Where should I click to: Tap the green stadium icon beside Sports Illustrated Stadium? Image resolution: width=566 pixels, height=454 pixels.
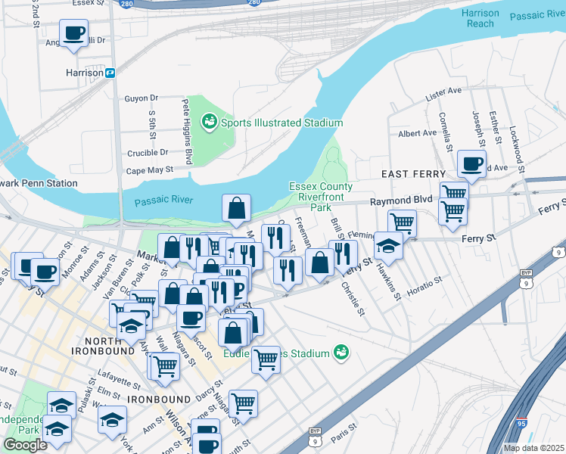(x=208, y=121)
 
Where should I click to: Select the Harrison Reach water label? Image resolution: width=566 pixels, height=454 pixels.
(x=480, y=18)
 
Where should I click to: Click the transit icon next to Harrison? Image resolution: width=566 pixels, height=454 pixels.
(x=110, y=73)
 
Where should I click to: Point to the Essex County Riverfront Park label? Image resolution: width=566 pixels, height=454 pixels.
(x=321, y=197)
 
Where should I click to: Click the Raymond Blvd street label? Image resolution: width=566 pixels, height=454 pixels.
(x=400, y=201)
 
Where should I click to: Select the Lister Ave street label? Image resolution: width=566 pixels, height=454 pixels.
(x=443, y=92)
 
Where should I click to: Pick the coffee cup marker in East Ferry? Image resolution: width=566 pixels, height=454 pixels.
(x=471, y=163)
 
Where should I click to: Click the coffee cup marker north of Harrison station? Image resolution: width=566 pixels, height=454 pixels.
(x=73, y=33)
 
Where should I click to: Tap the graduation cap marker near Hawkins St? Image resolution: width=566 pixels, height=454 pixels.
(x=388, y=245)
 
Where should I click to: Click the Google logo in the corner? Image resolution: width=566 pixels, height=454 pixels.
(x=25, y=445)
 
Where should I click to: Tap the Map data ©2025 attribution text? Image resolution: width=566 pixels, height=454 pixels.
(x=533, y=448)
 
